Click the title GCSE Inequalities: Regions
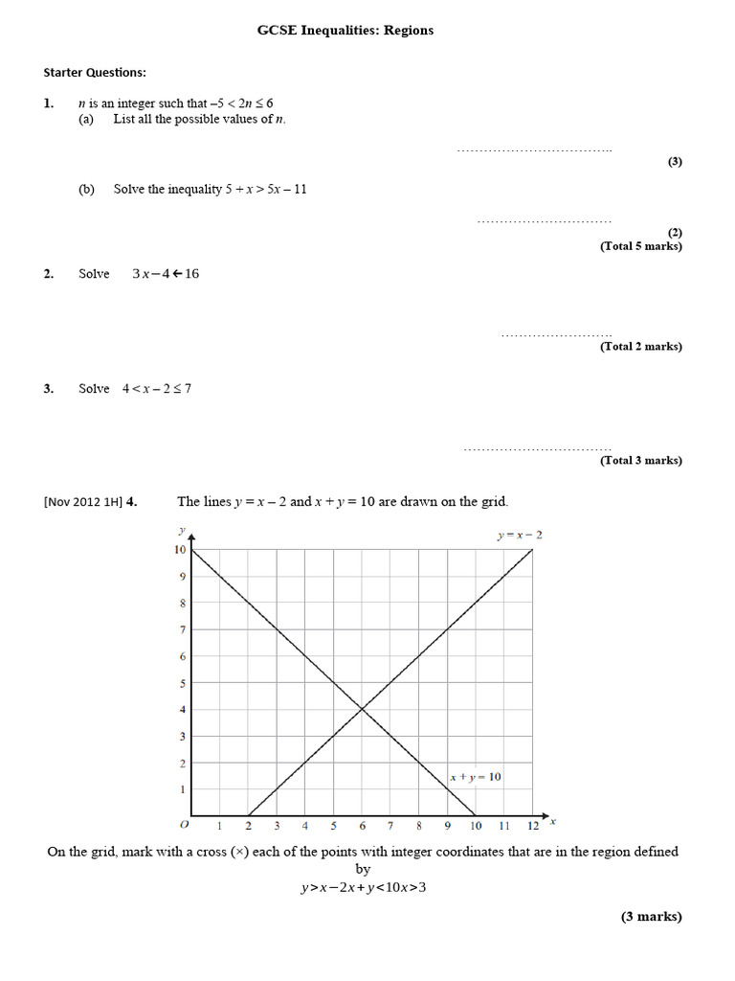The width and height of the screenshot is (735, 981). point(345,31)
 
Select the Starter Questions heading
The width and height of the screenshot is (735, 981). point(95,72)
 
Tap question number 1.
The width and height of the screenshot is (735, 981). point(48,103)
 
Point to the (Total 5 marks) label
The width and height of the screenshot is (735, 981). point(641,246)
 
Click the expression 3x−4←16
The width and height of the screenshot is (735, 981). point(166,274)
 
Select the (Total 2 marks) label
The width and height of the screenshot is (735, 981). point(641,347)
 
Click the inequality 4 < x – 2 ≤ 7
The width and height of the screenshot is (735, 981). point(157,389)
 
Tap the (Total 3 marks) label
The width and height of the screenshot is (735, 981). point(641,461)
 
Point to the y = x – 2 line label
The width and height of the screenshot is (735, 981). point(520,535)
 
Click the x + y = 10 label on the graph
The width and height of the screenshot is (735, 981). point(476,777)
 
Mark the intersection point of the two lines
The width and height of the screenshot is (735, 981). point(362,709)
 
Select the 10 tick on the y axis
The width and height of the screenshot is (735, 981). point(179,550)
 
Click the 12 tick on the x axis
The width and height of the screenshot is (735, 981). point(533,826)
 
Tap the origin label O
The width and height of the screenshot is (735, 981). point(185,825)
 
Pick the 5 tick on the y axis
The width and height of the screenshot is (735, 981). point(182,683)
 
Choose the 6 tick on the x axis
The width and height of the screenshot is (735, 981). point(362,826)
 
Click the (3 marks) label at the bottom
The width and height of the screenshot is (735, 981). point(652,917)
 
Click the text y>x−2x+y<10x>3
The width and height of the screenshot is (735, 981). point(363,887)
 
